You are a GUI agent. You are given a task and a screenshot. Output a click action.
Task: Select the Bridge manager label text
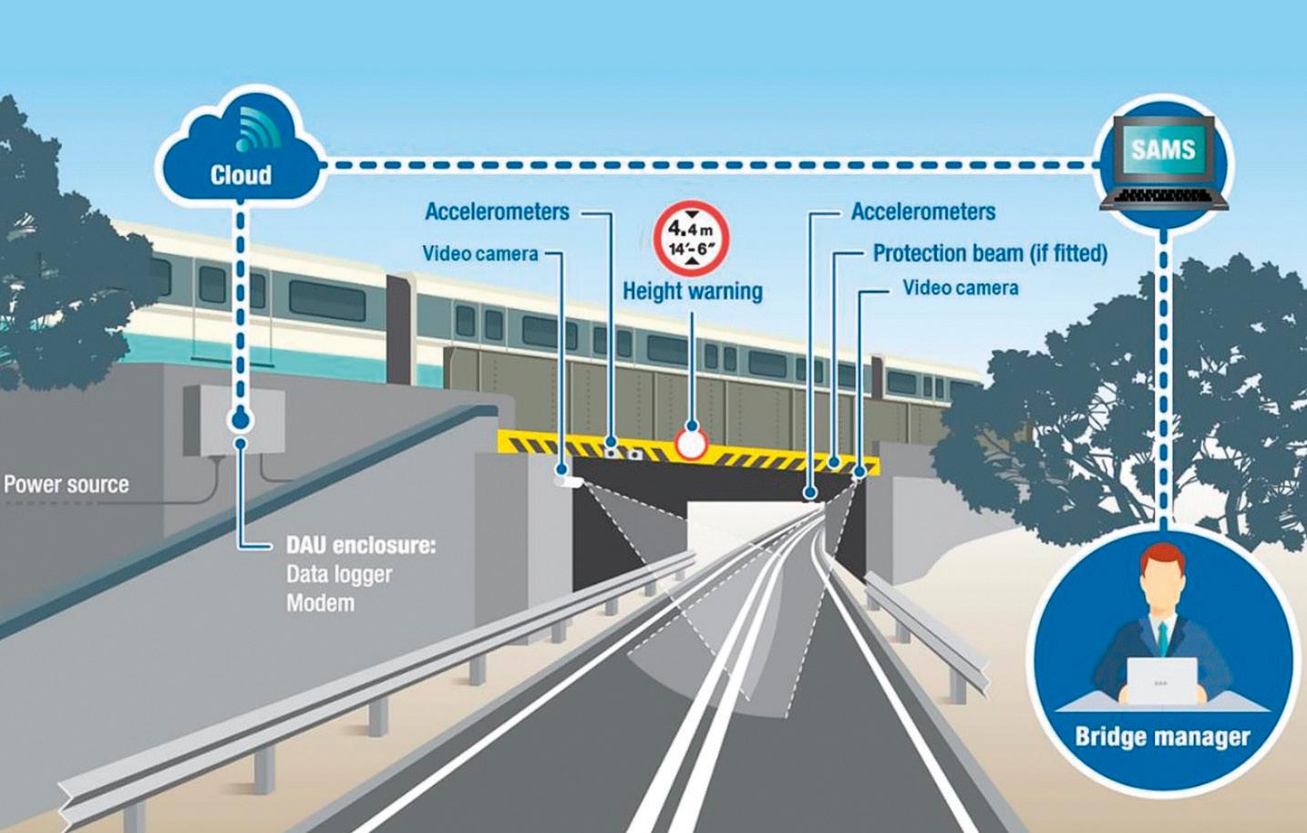coord(1162,736)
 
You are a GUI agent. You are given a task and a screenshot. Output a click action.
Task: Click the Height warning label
coord(693,292)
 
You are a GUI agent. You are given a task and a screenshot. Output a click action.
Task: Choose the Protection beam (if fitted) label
coord(990,253)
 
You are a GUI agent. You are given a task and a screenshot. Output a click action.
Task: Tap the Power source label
coord(67,484)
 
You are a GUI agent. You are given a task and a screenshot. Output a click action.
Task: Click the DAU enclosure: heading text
coord(361,546)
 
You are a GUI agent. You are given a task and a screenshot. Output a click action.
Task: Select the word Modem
coord(320,603)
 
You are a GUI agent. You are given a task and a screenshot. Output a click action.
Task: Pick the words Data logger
coord(339,574)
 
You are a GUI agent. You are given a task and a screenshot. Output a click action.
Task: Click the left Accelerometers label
coord(497,212)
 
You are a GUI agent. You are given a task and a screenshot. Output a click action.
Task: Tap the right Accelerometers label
coord(923,212)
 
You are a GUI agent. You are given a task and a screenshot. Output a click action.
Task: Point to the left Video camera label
coord(480,253)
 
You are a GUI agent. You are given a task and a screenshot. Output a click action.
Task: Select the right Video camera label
coord(961,288)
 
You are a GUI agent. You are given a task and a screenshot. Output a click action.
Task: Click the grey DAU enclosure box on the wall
coord(233,419)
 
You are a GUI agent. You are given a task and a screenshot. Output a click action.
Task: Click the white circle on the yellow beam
coord(692,445)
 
